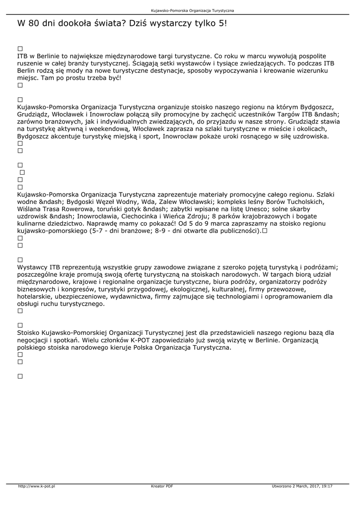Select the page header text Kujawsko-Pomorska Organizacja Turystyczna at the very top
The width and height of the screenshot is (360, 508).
tap(192, 10)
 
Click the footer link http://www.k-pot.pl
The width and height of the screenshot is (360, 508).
tap(36, 486)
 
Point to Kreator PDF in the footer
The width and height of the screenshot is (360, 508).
tap(162, 486)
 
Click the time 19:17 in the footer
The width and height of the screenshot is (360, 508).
tap(326, 486)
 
